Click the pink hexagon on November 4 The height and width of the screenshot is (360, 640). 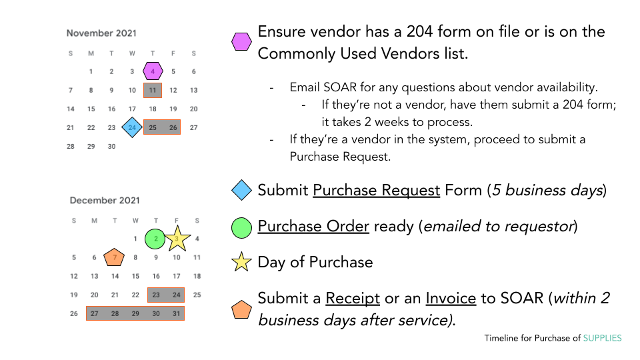click(x=153, y=71)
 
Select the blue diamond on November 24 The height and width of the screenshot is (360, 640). click(x=132, y=127)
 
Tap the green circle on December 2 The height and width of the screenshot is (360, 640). click(x=155, y=239)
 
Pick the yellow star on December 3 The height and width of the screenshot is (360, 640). click(x=177, y=239)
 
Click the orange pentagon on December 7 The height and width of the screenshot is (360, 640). click(x=114, y=257)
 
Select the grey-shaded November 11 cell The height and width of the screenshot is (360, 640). click(x=153, y=90)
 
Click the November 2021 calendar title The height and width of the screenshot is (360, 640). click(x=101, y=33)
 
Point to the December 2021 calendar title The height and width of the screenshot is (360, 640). click(x=105, y=201)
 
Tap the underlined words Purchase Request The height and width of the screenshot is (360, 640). click(x=376, y=190)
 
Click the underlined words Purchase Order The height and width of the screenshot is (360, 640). click(x=313, y=226)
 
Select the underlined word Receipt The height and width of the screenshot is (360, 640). click(x=353, y=299)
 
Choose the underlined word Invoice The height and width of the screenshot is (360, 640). click(x=451, y=299)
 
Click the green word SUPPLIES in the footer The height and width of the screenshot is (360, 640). click(x=602, y=338)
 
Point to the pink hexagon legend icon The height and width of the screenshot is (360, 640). click(x=241, y=41)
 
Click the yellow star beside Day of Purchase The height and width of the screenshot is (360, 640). click(x=241, y=262)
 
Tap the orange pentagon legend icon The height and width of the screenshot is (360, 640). click(x=241, y=309)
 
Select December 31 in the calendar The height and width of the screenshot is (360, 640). click(x=176, y=313)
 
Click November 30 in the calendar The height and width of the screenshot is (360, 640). click(x=111, y=146)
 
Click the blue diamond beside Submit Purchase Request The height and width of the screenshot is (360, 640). click(x=241, y=190)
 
